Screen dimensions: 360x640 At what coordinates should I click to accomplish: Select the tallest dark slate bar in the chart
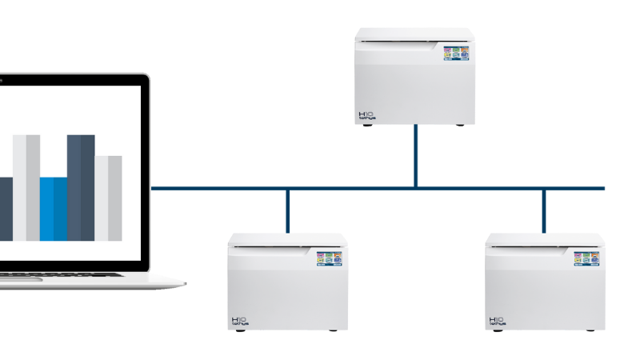[x=81, y=187]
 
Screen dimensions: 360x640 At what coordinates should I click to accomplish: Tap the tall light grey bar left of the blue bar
[x=26, y=187]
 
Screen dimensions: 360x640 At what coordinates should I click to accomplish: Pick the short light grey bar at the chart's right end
[x=109, y=198]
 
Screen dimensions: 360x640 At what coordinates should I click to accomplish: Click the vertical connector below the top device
[x=416, y=156]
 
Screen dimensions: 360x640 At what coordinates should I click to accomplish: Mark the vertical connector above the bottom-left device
[x=287, y=210]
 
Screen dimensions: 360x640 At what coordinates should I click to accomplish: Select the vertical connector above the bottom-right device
[x=544, y=210]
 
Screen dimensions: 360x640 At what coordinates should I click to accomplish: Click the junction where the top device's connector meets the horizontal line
[x=416, y=188]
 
